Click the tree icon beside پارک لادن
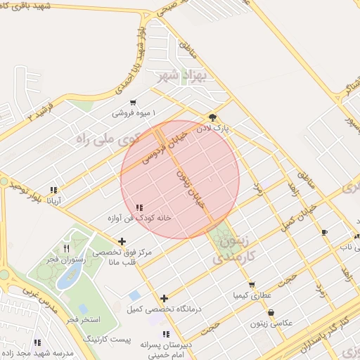pyautogui.click(x=212, y=117)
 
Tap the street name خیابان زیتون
pyautogui.click(x=190, y=186)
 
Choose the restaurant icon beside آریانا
pyautogui.click(x=53, y=190)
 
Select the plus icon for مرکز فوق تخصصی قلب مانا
pyautogui.click(x=122, y=241)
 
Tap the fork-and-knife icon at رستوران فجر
pyautogui.click(x=66, y=247)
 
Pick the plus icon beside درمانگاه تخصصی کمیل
pyautogui.click(x=164, y=298)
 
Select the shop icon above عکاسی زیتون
pyautogui.click(x=271, y=313)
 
